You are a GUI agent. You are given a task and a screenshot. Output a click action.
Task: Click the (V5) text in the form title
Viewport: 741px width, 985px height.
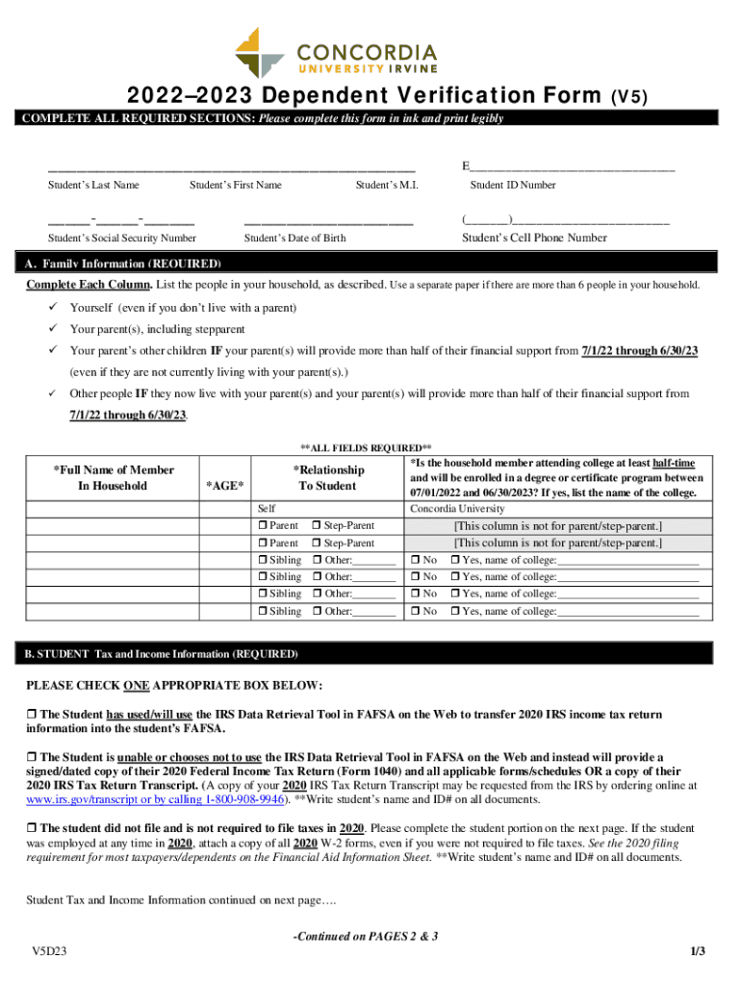pyautogui.click(x=631, y=97)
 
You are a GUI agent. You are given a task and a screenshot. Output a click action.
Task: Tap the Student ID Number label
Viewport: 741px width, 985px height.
pyautogui.click(x=512, y=186)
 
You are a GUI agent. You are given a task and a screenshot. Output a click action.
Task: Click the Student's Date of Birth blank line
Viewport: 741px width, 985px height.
pyautogui.click(x=328, y=222)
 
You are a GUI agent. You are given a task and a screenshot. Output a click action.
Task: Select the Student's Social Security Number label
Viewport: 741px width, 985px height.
pyautogui.click(x=122, y=239)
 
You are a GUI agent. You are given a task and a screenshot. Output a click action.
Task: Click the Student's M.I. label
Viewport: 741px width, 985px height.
pyautogui.click(x=387, y=186)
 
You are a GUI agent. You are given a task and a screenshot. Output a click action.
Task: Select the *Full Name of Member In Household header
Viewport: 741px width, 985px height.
pyautogui.click(x=113, y=478)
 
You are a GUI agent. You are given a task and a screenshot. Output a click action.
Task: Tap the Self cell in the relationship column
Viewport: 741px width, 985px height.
pyautogui.click(x=268, y=509)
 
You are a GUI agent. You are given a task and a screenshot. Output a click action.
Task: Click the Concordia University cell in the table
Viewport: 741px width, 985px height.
pyautogui.click(x=457, y=509)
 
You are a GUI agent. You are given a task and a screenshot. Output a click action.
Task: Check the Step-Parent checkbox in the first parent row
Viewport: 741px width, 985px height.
pyautogui.click(x=317, y=526)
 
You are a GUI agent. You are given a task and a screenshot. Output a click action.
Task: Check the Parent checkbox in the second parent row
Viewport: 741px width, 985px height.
pyautogui.click(x=263, y=543)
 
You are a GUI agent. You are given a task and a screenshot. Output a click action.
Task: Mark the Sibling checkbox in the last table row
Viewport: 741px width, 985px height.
pyautogui.click(x=263, y=612)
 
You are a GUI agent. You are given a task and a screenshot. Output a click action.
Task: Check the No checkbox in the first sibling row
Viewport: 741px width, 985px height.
pyautogui.click(x=416, y=561)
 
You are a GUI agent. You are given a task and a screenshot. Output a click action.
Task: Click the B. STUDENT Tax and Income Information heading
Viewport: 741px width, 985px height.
pyautogui.click(x=162, y=654)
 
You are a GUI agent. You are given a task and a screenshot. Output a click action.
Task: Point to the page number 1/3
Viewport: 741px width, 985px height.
pyautogui.click(x=698, y=952)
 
